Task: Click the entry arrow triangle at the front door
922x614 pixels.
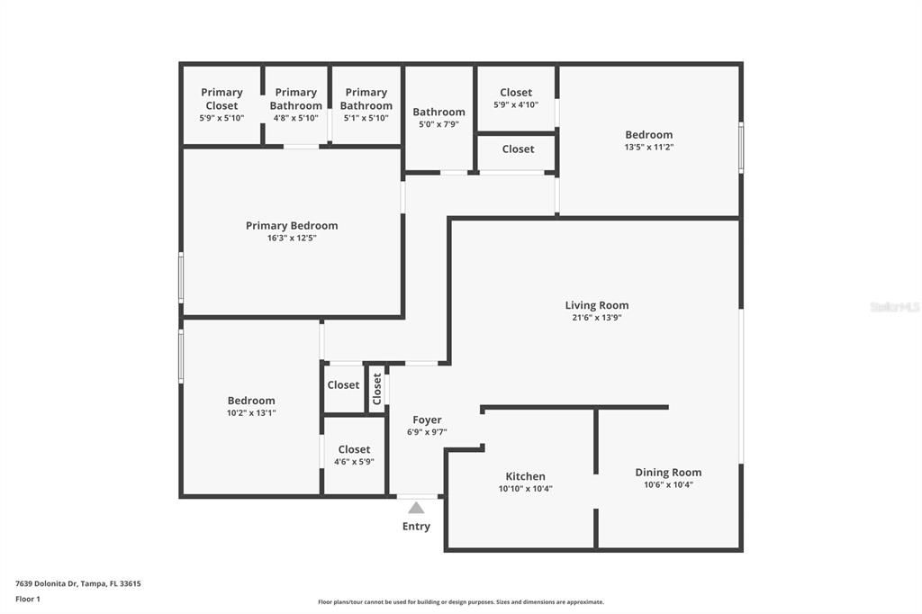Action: click(416, 508)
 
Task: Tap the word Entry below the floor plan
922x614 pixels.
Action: click(416, 527)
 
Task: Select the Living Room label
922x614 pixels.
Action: click(596, 305)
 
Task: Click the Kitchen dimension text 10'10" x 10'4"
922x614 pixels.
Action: click(525, 489)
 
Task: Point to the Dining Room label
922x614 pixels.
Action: click(668, 472)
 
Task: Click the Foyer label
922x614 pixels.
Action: click(427, 420)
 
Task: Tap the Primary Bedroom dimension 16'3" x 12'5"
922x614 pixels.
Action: click(291, 239)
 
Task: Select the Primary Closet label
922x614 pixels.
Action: click(221, 98)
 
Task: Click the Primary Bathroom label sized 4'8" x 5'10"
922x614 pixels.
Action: click(295, 98)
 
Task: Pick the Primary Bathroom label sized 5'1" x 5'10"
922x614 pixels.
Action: click(366, 98)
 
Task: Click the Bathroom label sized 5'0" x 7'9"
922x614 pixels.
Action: click(438, 112)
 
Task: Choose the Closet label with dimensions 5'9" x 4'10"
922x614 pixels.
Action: click(516, 92)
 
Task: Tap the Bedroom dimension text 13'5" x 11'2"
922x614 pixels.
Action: click(648, 147)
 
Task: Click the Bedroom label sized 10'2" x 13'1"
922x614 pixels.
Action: click(251, 401)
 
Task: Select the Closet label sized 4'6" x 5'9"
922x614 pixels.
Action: click(354, 449)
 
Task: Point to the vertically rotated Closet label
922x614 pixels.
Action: click(377, 388)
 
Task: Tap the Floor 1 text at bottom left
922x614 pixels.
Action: click(28, 599)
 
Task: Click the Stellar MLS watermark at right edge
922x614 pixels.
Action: click(894, 307)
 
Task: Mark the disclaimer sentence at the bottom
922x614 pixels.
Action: click(460, 602)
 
